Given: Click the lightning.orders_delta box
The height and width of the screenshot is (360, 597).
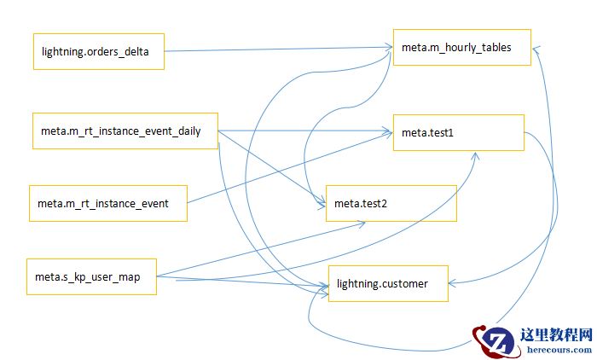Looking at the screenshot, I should [98, 51].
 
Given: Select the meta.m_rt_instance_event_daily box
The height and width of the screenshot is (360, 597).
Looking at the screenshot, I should [125, 131].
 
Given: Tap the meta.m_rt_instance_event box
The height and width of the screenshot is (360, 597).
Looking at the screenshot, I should [108, 203].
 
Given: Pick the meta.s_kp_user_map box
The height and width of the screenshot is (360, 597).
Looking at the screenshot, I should [91, 276].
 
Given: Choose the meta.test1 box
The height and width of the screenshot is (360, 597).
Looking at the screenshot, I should [457, 132].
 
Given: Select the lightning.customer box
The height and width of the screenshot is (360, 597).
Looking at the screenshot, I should [388, 282].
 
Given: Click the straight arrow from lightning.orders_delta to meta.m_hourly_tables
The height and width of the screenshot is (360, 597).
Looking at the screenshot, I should [273, 50].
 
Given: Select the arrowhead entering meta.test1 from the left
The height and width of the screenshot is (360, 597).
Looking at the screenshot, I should [386, 131].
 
